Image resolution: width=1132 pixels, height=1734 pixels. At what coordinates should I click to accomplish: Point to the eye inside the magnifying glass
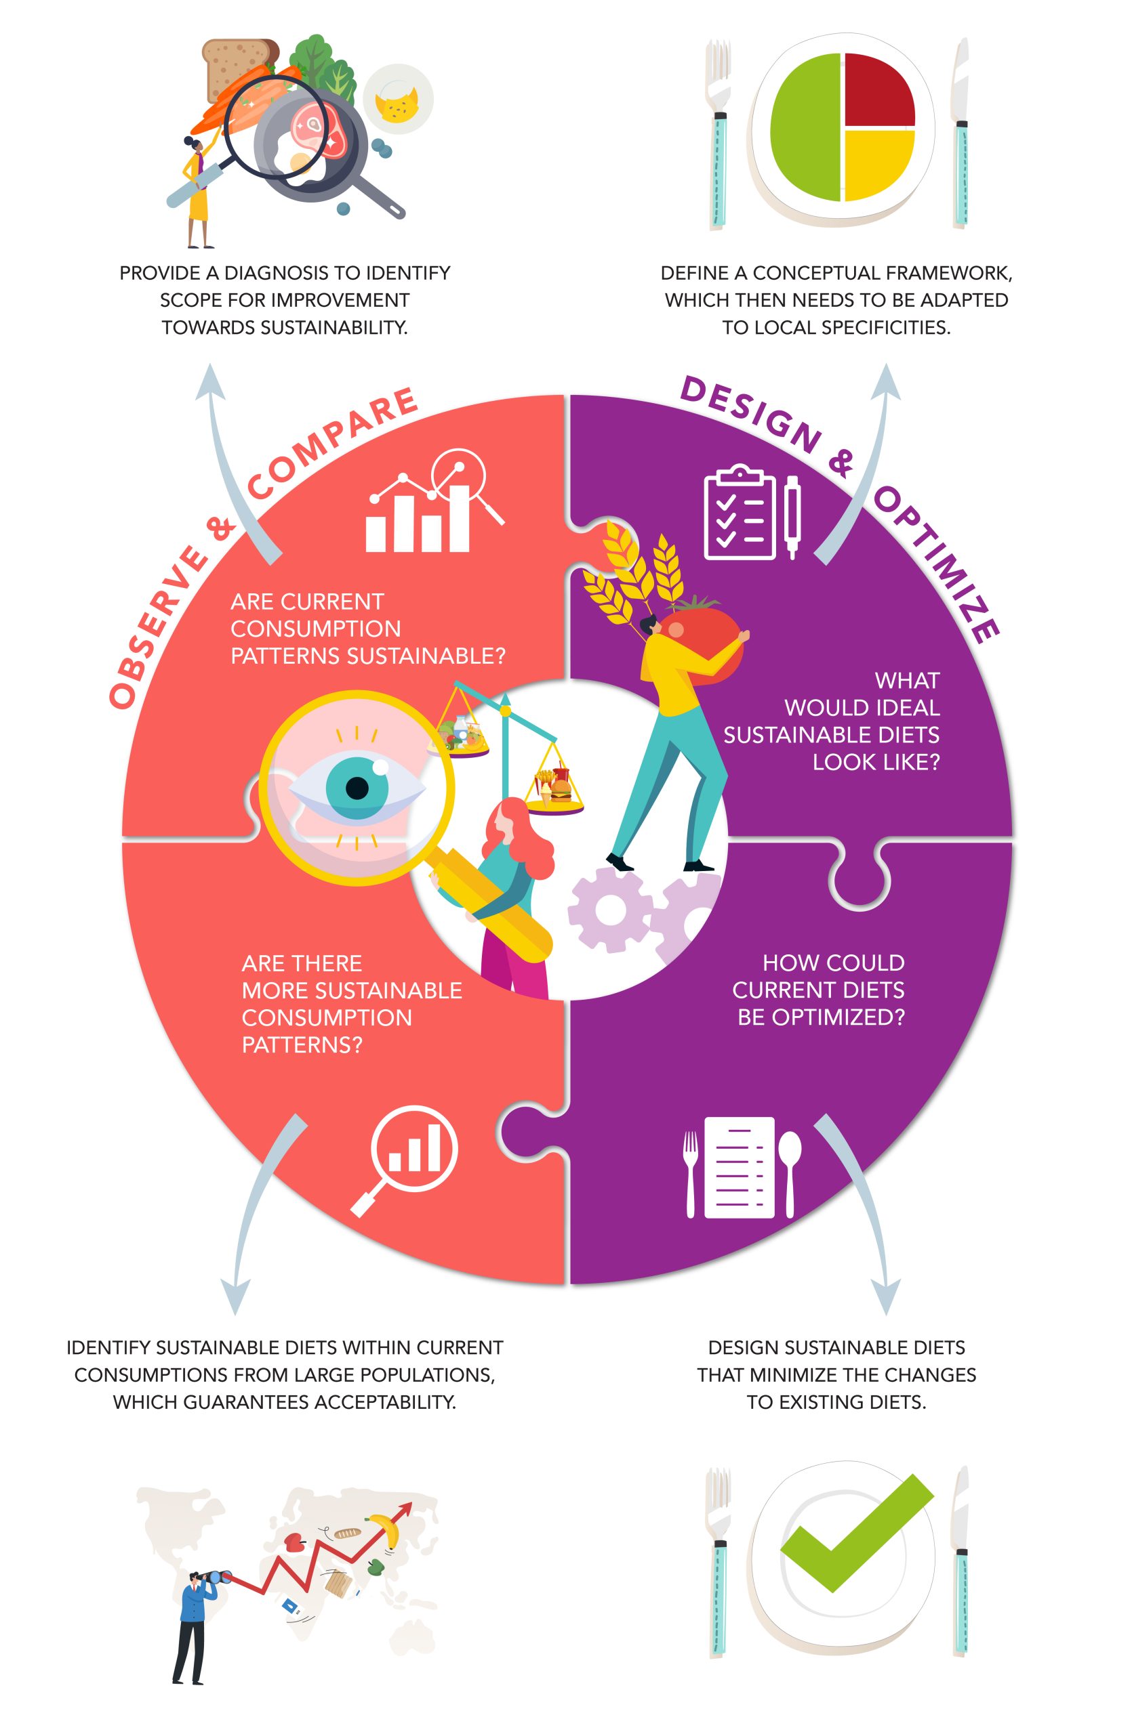[x=357, y=788]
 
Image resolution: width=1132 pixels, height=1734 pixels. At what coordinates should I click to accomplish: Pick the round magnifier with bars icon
[x=405, y=1163]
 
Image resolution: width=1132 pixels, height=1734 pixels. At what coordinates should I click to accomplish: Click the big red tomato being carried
[x=704, y=634]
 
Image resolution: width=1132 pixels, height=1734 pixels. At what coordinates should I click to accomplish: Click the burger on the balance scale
[x=560, y=788]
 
